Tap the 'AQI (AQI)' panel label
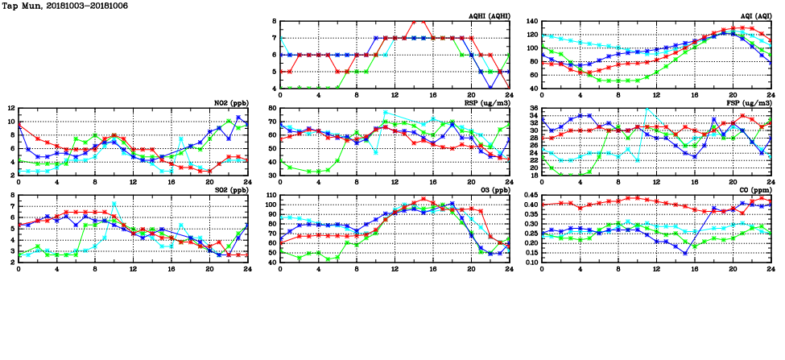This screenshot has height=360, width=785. click(755, 16)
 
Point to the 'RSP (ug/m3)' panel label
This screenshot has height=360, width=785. click(486, 103)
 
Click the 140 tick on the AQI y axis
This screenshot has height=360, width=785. click(532, 21)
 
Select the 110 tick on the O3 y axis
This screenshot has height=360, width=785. click(271, 195)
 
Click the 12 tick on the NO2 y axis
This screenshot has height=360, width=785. click(10, 108)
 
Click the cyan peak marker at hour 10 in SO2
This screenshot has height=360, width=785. click(114, 203)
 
